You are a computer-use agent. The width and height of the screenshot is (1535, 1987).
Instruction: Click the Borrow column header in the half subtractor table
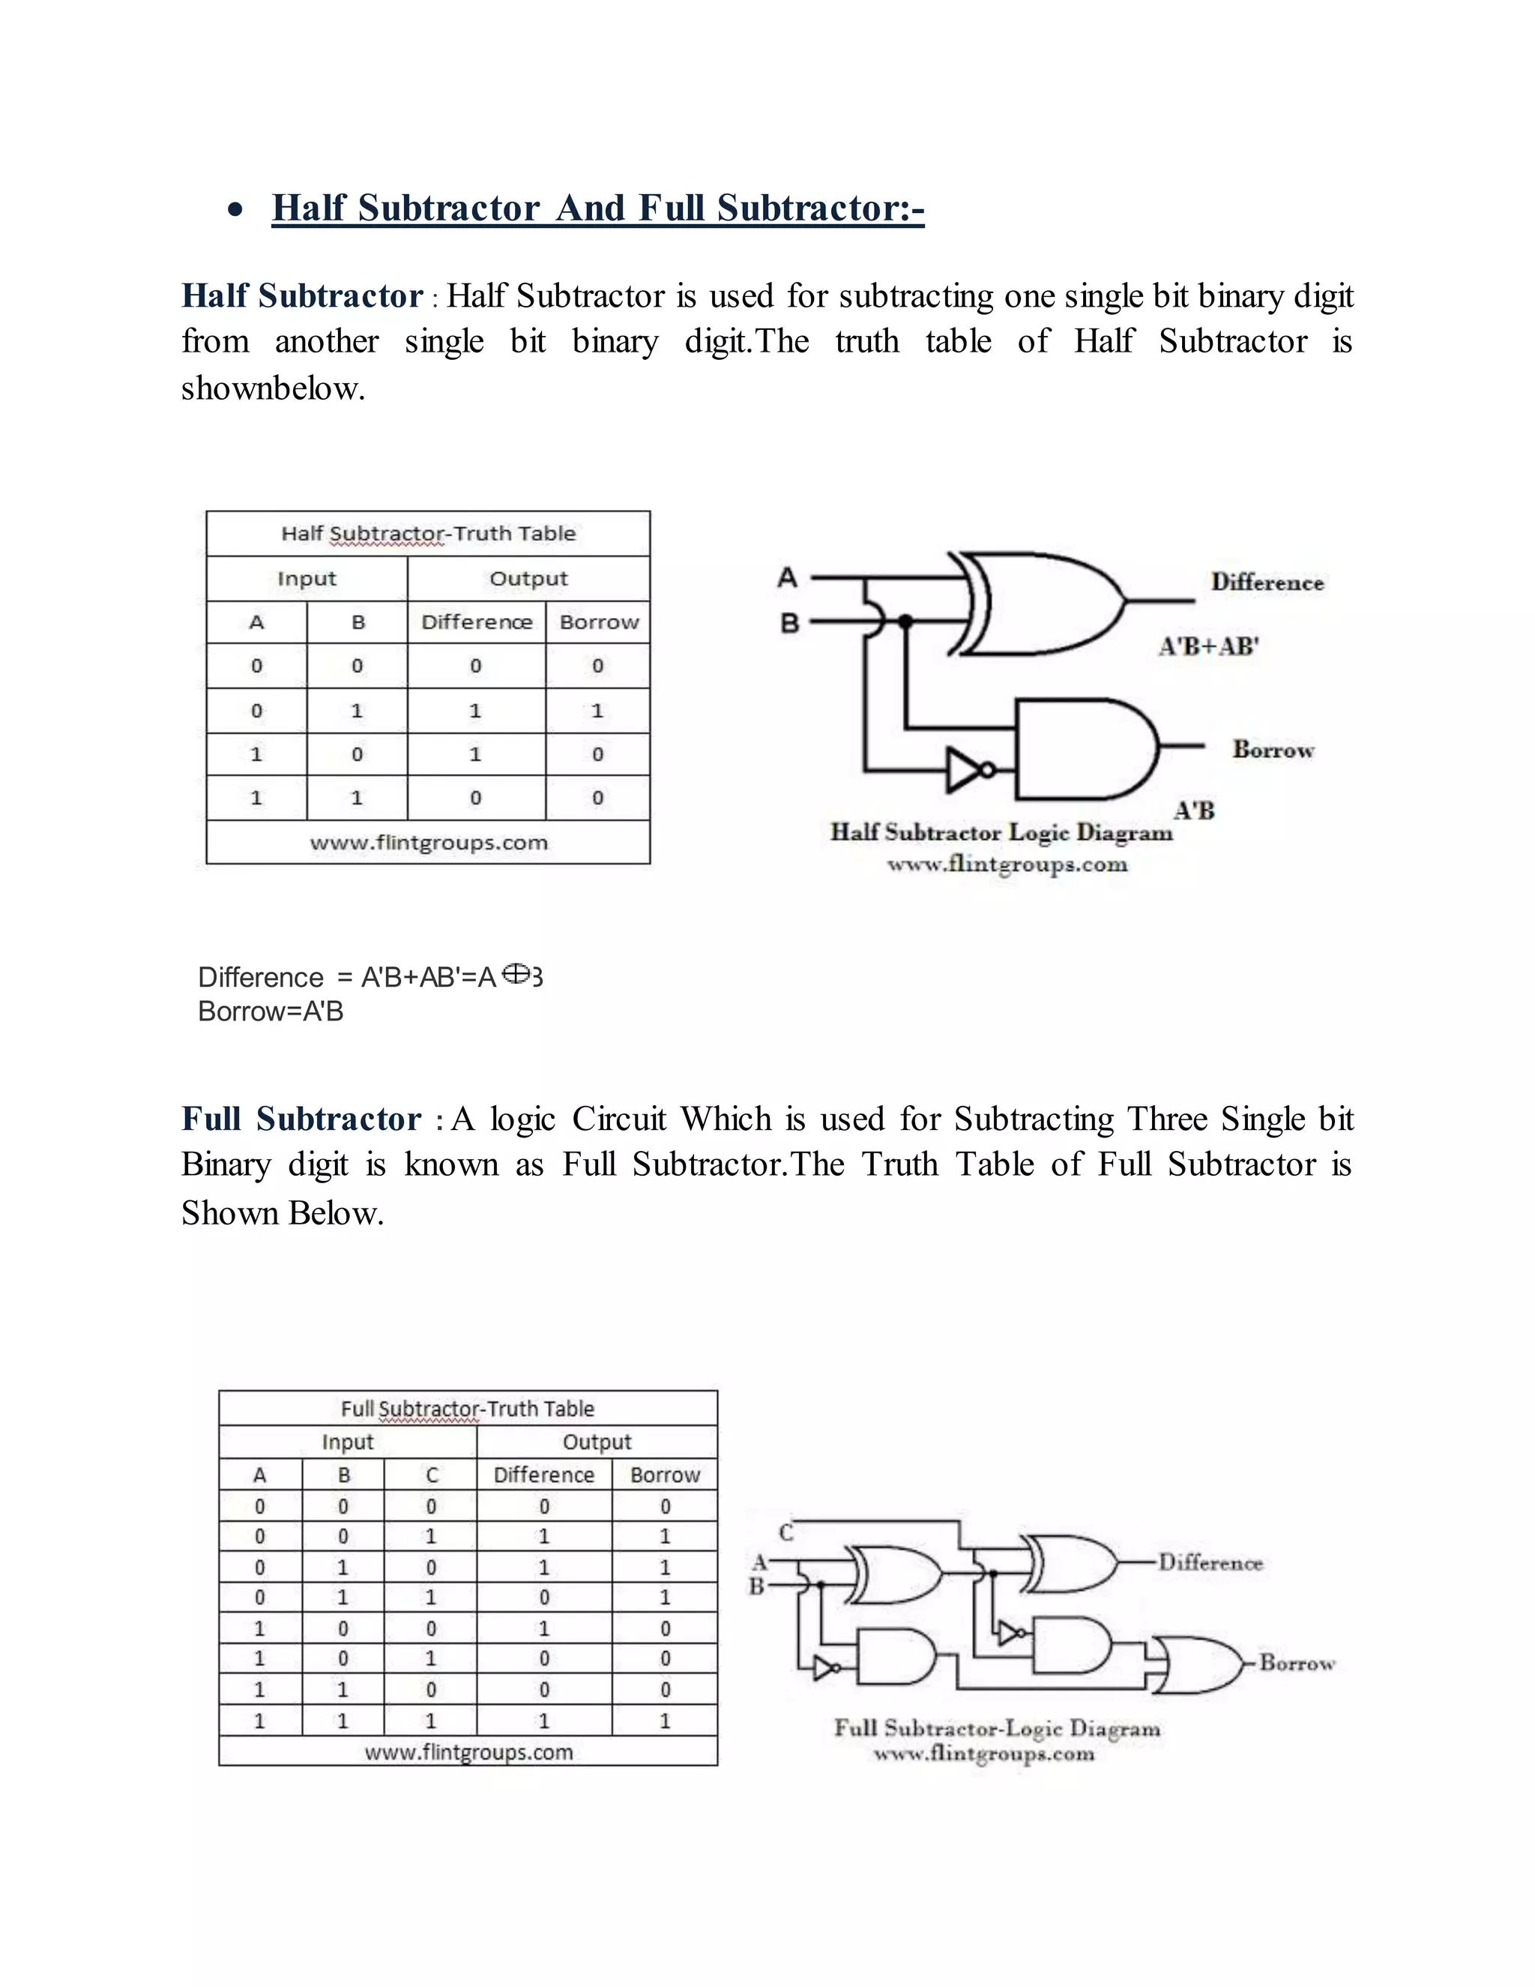pos(598,622)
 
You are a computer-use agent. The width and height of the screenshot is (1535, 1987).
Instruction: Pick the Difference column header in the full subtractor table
pos(544,1475)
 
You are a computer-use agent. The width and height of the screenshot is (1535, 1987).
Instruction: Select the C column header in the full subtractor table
pos(431,1475)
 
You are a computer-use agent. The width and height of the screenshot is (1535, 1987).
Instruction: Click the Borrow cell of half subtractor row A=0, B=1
pos(597,711)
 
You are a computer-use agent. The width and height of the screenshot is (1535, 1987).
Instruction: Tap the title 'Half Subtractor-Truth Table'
pos(428,533)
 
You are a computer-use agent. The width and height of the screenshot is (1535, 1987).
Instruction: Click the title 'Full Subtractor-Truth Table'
pos(468,1408)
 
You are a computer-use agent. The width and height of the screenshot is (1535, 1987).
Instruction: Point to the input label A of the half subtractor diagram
pos(788,577)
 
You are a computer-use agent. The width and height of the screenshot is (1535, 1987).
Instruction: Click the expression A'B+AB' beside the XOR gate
pos(1208,647)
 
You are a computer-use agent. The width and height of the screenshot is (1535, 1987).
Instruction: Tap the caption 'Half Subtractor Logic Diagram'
pos(1001,832)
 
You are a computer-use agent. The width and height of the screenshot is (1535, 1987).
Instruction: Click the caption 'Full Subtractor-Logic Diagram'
pos(997,1728)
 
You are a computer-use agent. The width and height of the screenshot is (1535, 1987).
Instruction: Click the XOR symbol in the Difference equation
pos(516,975)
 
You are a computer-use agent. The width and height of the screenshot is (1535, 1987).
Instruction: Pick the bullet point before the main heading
pos(235,210)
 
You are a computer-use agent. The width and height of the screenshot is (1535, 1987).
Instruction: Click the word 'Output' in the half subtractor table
pos(528,579)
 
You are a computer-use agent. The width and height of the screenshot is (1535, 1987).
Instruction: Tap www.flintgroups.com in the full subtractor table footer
pos(468,1752)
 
